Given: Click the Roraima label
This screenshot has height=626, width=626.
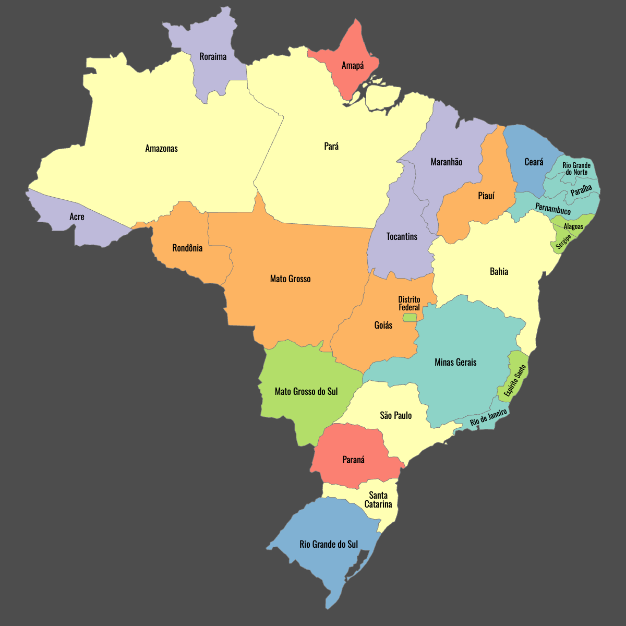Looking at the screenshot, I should [213, 56].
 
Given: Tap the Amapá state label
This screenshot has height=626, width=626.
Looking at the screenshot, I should [353, 65].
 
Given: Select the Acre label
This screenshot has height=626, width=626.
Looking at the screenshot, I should [77, 216].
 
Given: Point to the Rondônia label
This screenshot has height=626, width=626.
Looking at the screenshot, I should [187, 248].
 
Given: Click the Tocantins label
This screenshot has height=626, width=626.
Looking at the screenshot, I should [402, 236].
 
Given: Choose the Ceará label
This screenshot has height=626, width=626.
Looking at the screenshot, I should [534, 162].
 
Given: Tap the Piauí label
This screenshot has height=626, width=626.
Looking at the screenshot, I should [486, 196].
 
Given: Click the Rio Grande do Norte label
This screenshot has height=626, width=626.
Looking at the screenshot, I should [576, 168].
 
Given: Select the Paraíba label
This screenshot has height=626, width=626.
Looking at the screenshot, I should [581, 190].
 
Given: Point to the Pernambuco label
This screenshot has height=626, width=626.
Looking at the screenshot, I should [553, 209].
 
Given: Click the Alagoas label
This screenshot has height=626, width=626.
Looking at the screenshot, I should [573, 226].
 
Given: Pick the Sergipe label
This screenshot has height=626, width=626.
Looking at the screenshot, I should [563, 240].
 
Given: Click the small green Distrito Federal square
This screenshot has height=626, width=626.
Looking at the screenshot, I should [410, 317].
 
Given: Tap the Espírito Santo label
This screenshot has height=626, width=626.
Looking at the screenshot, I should [515, 380].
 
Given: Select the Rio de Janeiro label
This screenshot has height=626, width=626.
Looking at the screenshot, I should [488, 418].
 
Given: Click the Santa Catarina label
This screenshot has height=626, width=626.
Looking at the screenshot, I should [378, 499].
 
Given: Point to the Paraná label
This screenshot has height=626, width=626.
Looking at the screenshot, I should [353, 460].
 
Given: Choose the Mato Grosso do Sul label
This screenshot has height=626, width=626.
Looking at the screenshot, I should [306, 391].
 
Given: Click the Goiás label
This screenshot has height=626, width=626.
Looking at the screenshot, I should [383, 325].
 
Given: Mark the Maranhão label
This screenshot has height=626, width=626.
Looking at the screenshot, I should [446, 162].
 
